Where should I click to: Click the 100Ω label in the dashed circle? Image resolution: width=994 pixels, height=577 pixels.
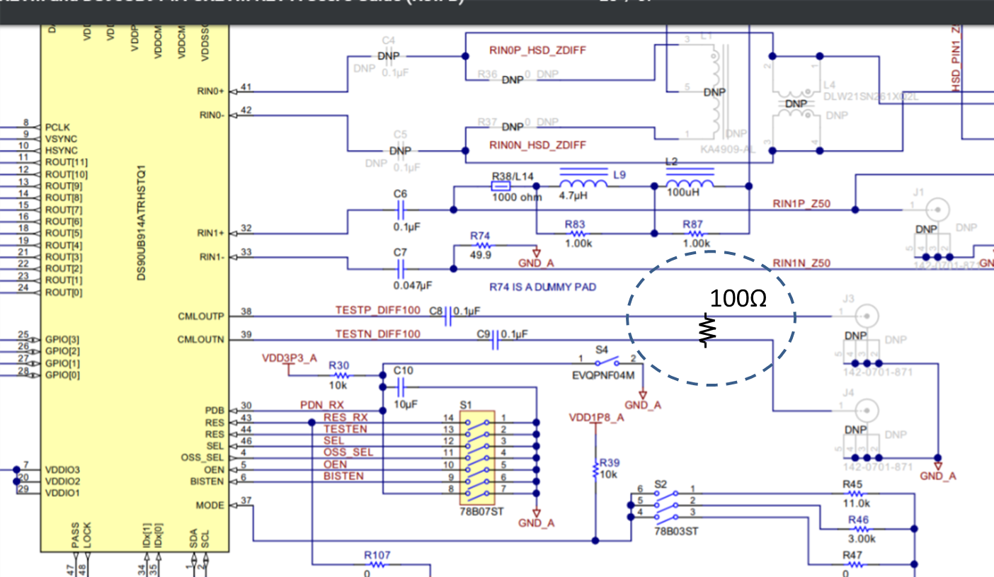point(738,299)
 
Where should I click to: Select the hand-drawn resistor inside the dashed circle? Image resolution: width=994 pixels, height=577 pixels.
point(708,329)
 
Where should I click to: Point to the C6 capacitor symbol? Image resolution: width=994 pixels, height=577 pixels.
point(401,210)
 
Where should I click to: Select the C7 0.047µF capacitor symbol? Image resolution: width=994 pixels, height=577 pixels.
point(401,269)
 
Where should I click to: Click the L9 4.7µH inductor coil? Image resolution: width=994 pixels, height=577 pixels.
point(583,183)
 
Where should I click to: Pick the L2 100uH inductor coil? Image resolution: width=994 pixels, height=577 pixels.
point(690,183)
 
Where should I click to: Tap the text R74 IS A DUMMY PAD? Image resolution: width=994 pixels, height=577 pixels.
point(542,287)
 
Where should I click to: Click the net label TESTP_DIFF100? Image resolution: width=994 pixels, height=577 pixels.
point(377,310)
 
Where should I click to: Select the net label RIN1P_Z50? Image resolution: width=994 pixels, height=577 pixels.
point(801,204)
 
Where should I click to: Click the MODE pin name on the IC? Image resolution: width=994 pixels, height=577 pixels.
point(210,505)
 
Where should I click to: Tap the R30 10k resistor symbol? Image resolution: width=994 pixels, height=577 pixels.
point(339,375)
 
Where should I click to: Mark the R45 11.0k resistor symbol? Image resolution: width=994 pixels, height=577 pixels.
point(855,493)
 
